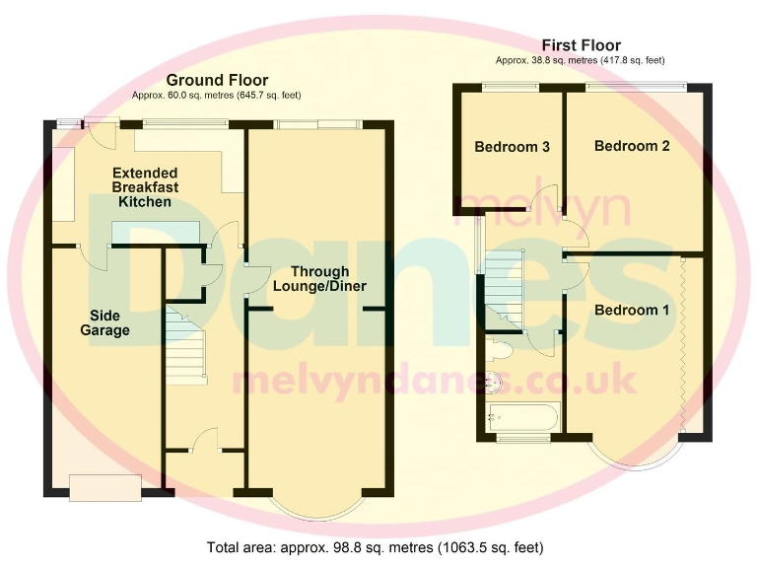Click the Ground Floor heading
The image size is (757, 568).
[217, 80]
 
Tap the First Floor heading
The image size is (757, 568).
[582, 45]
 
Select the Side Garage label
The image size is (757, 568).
[104, 323]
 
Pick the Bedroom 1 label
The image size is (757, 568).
[632, 311]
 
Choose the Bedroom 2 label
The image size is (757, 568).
[632, 146]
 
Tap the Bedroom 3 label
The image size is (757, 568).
[512, 148]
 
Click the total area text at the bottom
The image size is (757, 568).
[375, 546]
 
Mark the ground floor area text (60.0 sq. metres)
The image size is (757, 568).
[217, 96]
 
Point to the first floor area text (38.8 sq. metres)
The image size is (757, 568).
[582, 60]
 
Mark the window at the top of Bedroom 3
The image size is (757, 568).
[511, 88]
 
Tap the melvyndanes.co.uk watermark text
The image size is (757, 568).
[434, 379]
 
